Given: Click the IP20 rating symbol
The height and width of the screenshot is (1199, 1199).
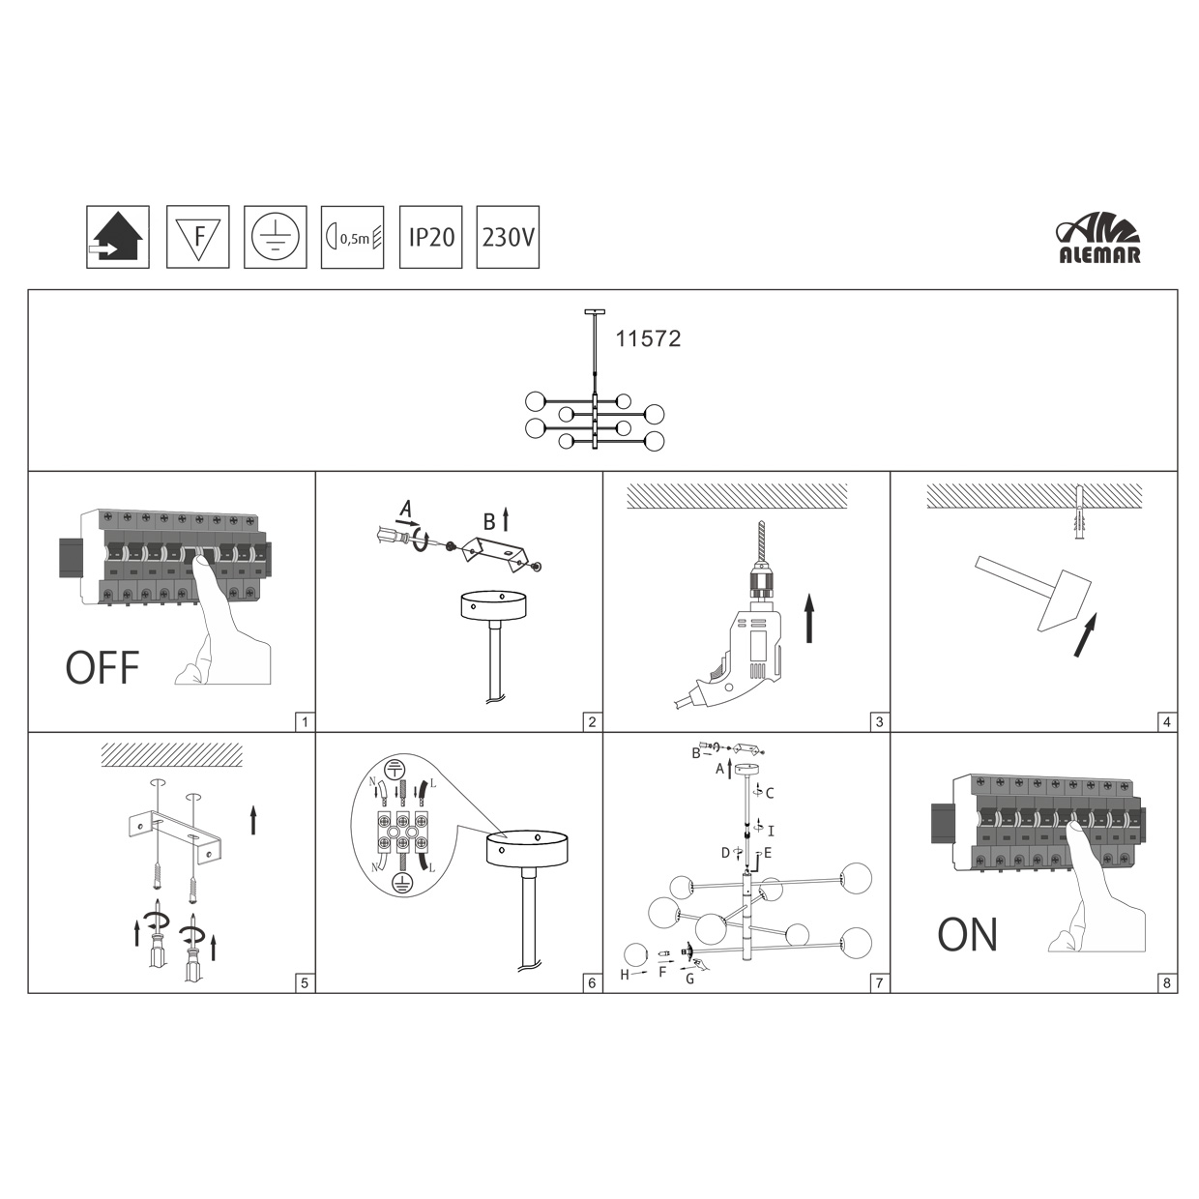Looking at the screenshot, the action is pos(430,237).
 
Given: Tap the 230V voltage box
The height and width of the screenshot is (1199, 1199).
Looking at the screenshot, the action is pos(508,237).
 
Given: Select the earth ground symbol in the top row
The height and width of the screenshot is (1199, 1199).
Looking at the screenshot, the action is pos(275,237).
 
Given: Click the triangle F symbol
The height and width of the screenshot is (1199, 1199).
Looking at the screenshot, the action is pos(198,237).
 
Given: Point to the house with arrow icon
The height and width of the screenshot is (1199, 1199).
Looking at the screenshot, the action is pos(118,237).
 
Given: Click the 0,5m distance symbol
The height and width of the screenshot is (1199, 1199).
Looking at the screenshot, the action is pos(352,237).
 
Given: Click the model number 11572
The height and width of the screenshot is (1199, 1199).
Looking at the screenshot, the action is pos(648,338).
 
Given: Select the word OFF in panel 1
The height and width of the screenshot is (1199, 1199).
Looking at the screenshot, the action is pos(102,667).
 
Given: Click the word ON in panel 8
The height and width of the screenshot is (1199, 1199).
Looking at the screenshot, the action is pos(967,935).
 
